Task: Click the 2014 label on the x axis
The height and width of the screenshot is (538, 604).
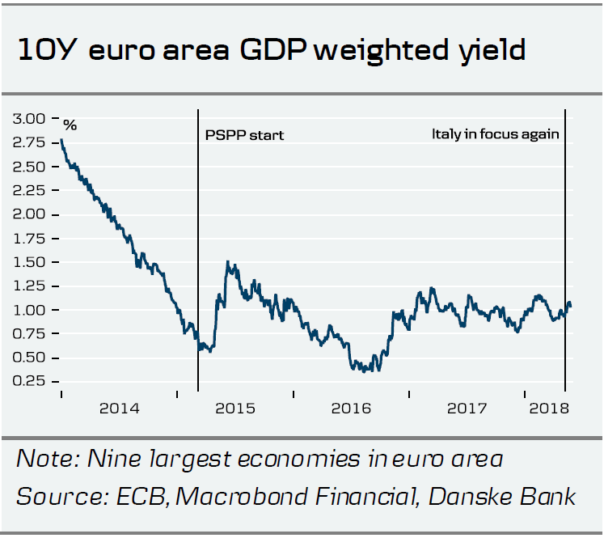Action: point(120,408)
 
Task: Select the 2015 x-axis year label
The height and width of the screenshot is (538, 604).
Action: point(235,408)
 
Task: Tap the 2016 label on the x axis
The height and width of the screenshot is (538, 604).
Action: point(352,408)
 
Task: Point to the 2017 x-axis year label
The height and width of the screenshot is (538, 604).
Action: point(467,408)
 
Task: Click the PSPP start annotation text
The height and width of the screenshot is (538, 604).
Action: point(244,135)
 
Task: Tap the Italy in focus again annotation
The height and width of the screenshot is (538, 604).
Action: point(495,133)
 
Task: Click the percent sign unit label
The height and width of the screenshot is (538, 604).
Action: point(70,125)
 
